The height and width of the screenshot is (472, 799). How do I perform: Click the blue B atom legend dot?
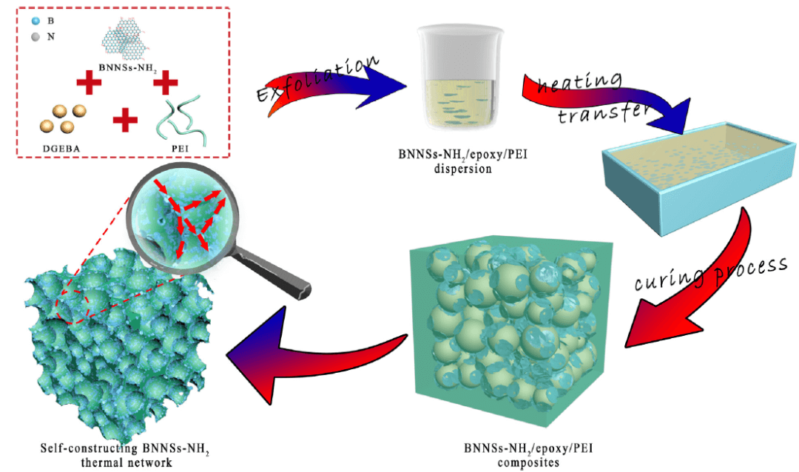click(34, 21)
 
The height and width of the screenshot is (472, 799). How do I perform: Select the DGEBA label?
click(57, 147)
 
